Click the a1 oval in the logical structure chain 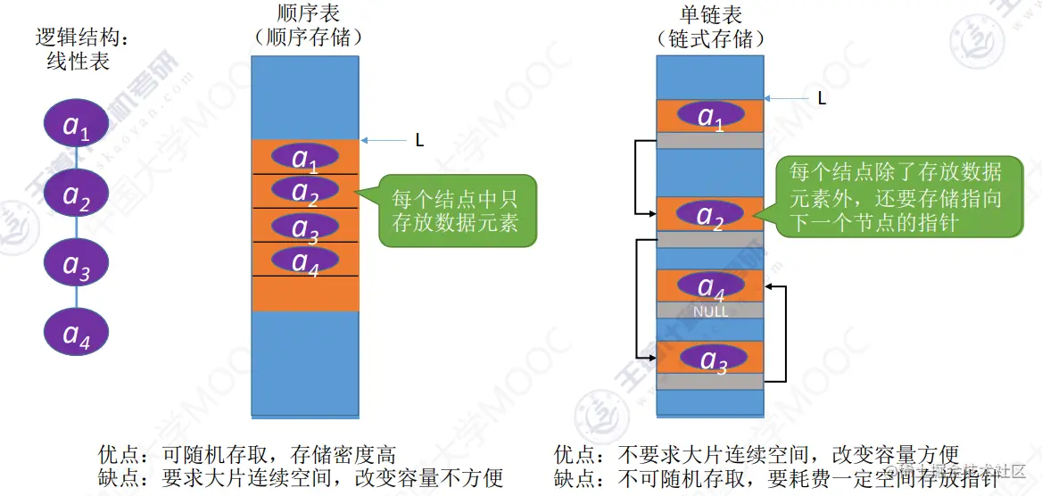[77, 127]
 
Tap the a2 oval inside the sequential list [305, 190]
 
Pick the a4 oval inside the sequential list [305, 260]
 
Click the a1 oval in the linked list [710, 115]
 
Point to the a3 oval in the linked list [710, 358]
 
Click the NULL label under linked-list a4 [710, 311]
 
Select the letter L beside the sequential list [419, 140]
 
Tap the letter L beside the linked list [822, 98]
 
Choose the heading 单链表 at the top [710, 15]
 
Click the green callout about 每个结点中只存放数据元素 [454, 210]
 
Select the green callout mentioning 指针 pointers [896, 197]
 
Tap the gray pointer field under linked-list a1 [710, 140]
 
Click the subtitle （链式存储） [710, 39]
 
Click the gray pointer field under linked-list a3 [710, 381]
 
